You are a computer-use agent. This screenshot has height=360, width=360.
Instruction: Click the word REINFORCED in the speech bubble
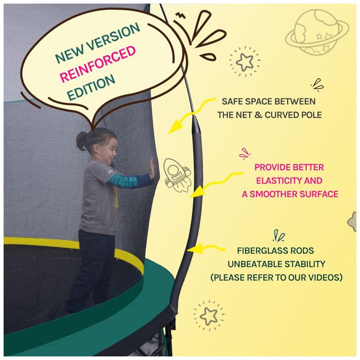pos(98,63)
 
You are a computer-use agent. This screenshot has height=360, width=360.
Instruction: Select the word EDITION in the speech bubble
pos(91,87)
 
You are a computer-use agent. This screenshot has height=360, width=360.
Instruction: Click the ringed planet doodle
pos(317,32)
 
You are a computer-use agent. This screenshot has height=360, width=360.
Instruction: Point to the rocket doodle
pos(177,175)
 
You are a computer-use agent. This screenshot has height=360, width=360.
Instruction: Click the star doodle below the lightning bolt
pos(245,61)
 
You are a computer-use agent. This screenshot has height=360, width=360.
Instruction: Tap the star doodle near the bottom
pos(208,315)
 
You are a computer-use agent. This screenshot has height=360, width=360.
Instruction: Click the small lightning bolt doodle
pos(181,15)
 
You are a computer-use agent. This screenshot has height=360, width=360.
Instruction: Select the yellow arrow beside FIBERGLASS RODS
pos(206,249)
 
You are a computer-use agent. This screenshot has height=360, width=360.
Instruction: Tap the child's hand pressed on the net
pos(152,169)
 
